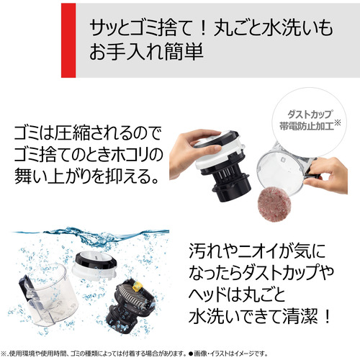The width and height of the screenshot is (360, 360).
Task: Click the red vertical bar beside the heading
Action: (68, 40)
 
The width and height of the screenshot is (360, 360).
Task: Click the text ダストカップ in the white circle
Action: (310, 114)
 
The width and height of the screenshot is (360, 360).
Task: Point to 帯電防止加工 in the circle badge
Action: (307, 126)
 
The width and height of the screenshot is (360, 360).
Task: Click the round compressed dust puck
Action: (274, 204)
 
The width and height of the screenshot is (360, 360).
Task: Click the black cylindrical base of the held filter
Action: (232, 189)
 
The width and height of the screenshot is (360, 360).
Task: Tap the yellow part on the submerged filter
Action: (137, 287)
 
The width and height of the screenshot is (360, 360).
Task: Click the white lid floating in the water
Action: (94, 266)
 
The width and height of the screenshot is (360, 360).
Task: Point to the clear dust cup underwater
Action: (48, 295)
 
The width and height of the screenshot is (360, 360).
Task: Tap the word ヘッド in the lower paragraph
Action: (207, 294)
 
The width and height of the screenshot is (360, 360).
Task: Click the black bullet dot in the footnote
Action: (191, 354)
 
